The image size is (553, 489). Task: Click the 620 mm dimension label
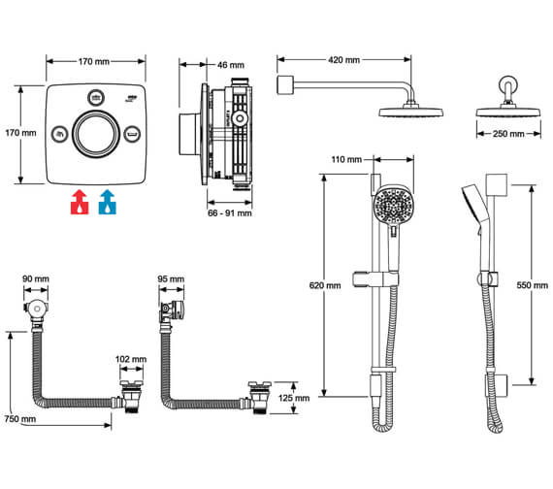326,285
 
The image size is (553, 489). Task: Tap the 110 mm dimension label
345,158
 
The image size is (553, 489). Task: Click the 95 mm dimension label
169,278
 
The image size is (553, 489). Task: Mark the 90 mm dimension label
36,278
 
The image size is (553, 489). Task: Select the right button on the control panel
133,134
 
